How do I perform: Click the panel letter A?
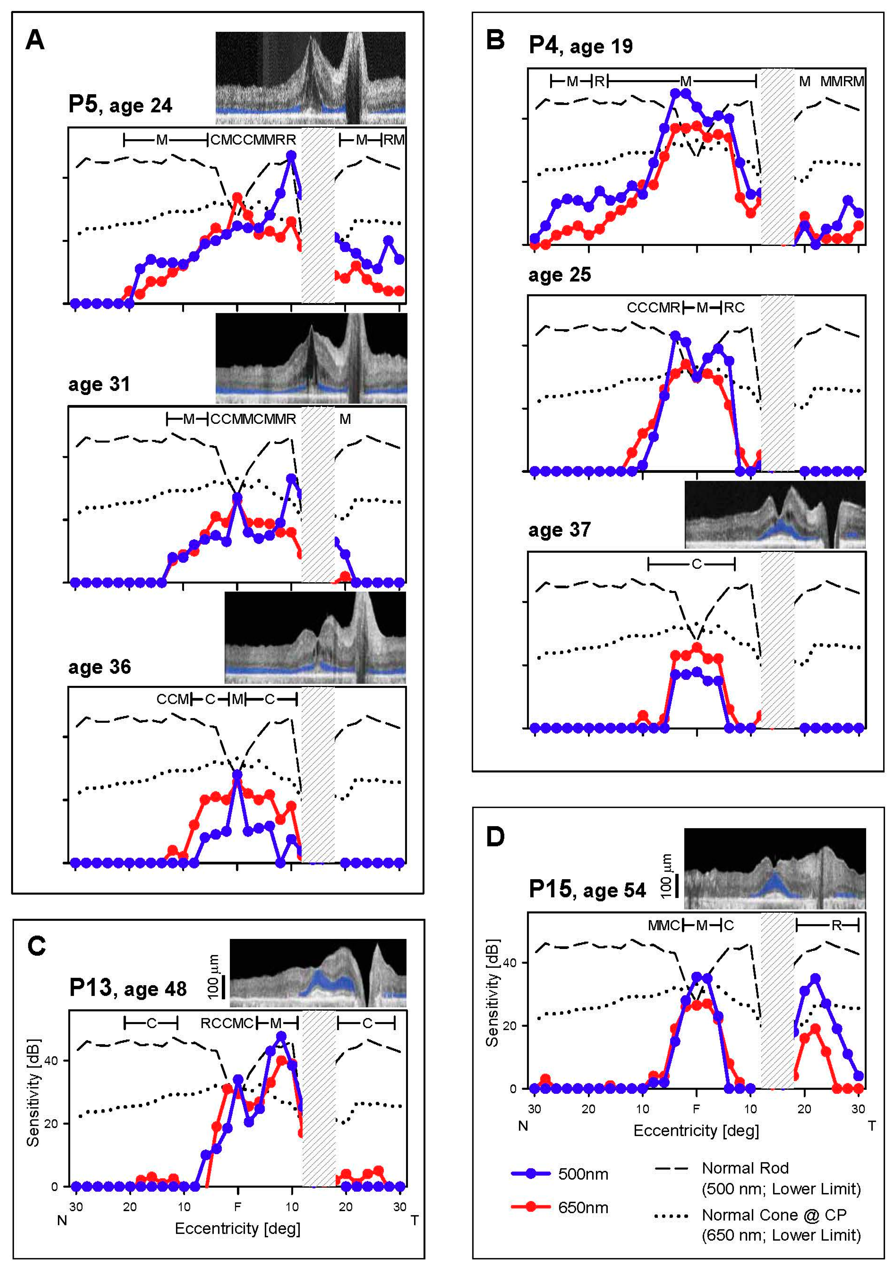pyautogui.click(x=35, y=40)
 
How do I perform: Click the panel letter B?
pyautogui.click(x=495, y=40)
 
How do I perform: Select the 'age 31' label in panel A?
pyautogui.click(x=99, y=384)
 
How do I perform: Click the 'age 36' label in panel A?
pyautogui.click(x=99, y=667)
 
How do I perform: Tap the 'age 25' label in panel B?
pyautogui.click(x=559, y=275)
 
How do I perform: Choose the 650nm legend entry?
pyautogui.click(x=583, y=1207)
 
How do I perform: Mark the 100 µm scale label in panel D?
pyautogui.click(x=667, y=875)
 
